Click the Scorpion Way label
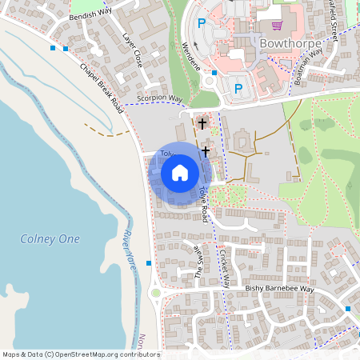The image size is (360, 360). pyautogui.click(x=160, y=99)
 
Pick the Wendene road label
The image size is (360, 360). pyautogui.click(x=193, y=56)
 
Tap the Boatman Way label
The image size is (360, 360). pyautogui.click(x=305, y=61)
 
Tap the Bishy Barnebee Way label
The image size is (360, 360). pyautogui.click(x=280, y=289)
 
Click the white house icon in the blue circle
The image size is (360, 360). pyautogui.click(x=180, y=172)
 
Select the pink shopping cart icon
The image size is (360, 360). pyautogui.click(x=276, y=26)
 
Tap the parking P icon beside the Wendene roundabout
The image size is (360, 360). pyautogui.click(x=238, y=87)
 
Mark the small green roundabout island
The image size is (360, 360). pyautogui.click(x=155, y=293)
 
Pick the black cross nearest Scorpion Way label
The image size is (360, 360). pyautogui.click(x=202, y=124)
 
